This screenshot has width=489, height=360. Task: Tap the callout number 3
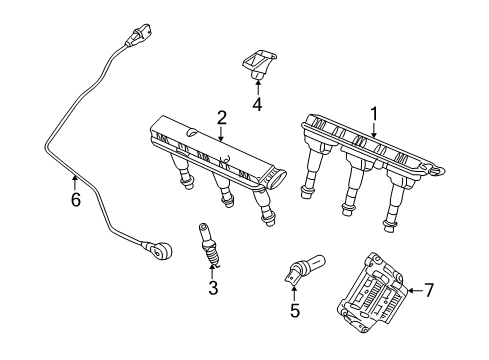pyautogui.click(x=212, y=288)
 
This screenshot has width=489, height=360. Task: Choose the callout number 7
pyautogui.click(x=428, y=290)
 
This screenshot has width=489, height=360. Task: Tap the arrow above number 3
pyautogui.click(x=212, y=274)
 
